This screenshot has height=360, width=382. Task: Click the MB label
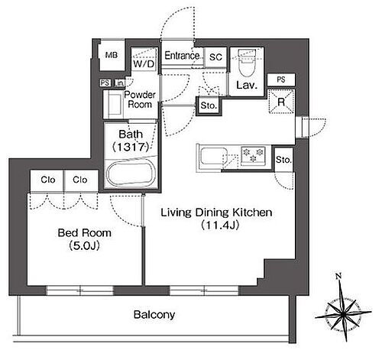point(112,55)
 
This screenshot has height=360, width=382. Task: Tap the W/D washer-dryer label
point(144,63)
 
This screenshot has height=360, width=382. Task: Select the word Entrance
point(182,56)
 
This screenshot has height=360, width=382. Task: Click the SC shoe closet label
point(215,57)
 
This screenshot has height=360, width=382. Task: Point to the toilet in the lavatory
point(247,63)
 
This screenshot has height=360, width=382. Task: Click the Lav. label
point(247,85)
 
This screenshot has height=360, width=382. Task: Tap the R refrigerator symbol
point(281,102)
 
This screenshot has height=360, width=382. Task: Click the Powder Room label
point(140,99)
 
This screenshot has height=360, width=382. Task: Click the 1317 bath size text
point(131,147)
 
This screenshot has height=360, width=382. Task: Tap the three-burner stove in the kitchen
point(253,155)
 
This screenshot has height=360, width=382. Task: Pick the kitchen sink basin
point(213,156)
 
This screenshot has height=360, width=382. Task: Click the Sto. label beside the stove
point(283,160)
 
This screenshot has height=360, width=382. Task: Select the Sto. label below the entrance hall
point(209,105)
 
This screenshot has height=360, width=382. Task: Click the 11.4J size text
point(220,225)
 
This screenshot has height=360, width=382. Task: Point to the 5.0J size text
point(84,245)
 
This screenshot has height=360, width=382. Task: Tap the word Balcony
point(154,315)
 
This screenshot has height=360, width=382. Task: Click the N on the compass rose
point(338,276)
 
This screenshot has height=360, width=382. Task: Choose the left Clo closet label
point(48,180)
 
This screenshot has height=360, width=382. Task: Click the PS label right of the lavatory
point(281,79)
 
